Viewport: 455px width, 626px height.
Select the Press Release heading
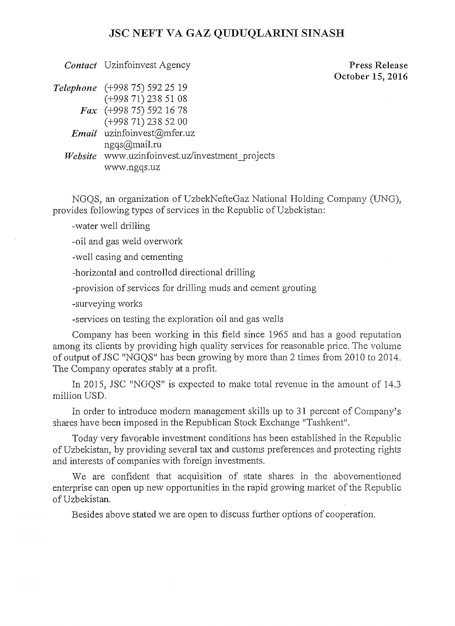click(x=378, y=65)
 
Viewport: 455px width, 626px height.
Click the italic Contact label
click(x=80, y=65)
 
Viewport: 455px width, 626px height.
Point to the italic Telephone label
click(x=75, y=88)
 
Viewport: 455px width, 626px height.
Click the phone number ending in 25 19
click(x=146, y=87)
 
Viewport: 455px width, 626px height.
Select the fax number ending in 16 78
click(x=146, y=110)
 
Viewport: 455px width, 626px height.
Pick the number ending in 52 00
click(x=146, y=122)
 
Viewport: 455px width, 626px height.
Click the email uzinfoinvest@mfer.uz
click(x=150, y=133)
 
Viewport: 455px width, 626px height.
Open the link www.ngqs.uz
click(x=132, y=167)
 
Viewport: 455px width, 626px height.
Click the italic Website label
click(x=81, y=156)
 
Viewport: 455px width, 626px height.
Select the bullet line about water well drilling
click(x=111, y=226)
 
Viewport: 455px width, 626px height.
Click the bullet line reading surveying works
click(x=107, y=304)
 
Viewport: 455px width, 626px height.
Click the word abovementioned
click(x=367, y=476)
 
